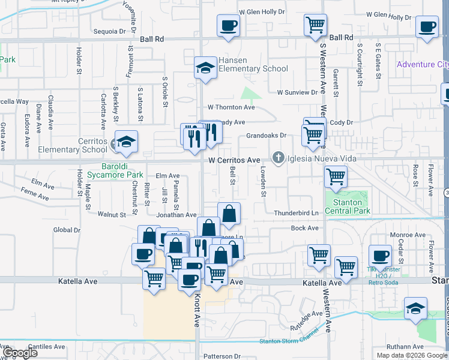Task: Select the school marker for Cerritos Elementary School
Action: [x=127, y=142]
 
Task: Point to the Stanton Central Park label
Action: [x=348, y=207]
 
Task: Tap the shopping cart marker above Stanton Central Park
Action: [x=336, y=177]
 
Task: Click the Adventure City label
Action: [x=423, y=64]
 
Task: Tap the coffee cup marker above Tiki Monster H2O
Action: [x=379, y=256]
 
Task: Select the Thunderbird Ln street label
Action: [x=296, y=213]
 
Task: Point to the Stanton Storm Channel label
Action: [x=286, y=341]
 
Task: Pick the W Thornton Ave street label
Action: [x=231, y=107]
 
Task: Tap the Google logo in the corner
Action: [x=19, y=353]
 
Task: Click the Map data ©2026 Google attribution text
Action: [x=411, y=355]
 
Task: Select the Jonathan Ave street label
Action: [x=176, y=214]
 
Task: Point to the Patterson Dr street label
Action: [x=221, y=356]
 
